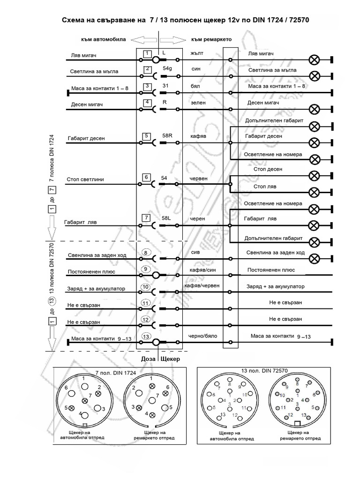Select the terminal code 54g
pyautogui.click(x=167, y=68)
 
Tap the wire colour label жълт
pyautogui.click(x=196, y=53)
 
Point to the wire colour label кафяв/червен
pyautogui.click(x=202, y=285)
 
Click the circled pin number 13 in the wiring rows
pyautogui.click(x=146, y=336)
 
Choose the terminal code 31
pyautogui.click(x=165, y=85)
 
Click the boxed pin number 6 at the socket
pyautogui.click(x=147, y=178)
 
